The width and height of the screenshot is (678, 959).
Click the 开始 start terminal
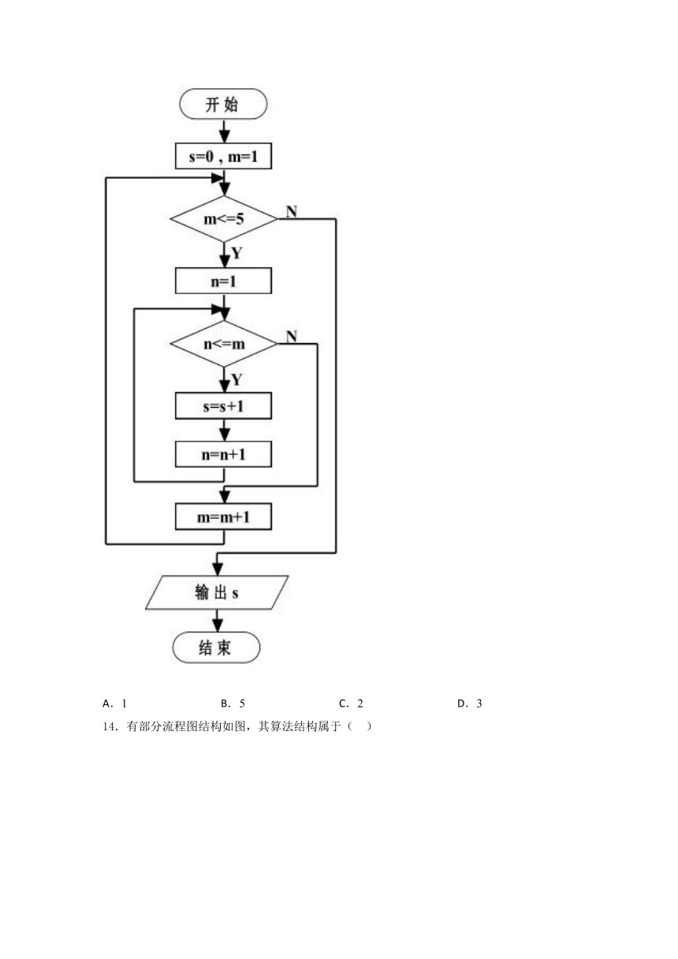click(223, 104)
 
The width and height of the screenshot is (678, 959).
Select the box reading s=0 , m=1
click(223, 156)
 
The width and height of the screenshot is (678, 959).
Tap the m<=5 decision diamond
click(223, 219)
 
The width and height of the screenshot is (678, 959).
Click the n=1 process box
click(223, 281)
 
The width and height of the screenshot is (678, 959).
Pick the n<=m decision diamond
click(223, 344)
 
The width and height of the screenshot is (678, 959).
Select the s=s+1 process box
click(223, 406)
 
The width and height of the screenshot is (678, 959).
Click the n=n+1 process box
click(223, 454)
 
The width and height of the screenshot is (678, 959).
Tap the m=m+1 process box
click(223, 517)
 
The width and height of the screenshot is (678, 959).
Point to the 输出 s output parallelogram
click(217, 592)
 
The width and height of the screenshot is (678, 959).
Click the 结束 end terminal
click(216, 647)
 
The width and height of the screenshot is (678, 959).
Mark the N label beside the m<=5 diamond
click(292, 211)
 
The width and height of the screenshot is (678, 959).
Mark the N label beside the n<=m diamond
click(292, 337)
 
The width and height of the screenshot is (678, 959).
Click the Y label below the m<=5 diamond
click(237, 253)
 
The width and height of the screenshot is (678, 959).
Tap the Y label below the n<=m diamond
click(237, 379)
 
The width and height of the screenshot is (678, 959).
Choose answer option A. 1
click(115, 703)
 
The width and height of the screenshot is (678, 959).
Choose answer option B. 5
click(233, 703)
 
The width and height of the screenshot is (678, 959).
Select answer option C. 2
click(351, 703)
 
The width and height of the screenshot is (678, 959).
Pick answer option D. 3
click(470, 703)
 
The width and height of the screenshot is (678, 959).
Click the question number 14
click(109, 726)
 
